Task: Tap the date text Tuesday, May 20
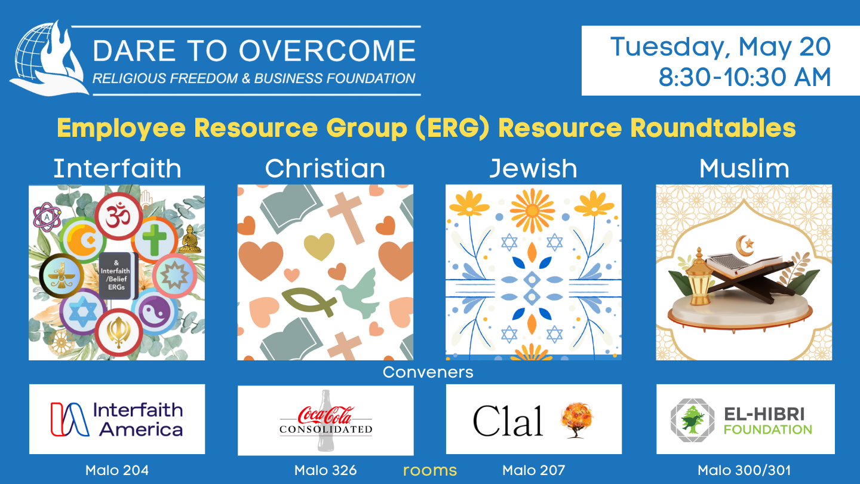point(720,47)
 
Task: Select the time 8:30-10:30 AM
point(745,77)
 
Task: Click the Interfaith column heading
point(117,169)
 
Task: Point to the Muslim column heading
point(744,169)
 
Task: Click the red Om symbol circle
point(119,216)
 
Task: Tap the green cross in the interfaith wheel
point(154,240)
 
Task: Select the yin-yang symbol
point(156,312)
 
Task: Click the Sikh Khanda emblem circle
point(119,332)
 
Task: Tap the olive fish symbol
point(309,302)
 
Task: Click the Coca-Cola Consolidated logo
point(325,420)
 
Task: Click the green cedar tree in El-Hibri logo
point(692,419)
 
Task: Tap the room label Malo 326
point(325,470)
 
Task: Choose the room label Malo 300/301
point(744,470)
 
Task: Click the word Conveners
point(428,372)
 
